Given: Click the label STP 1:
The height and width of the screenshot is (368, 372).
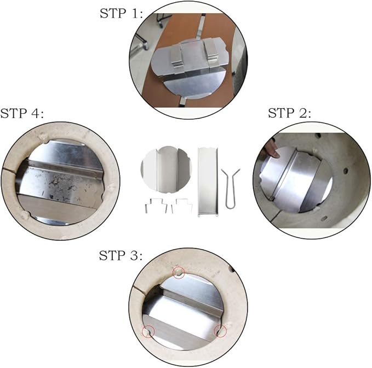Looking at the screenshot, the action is pyautogui.click(x=121, y=14).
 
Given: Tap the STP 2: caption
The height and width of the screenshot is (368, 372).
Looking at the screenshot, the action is pyautogui.click(x=289, y=113).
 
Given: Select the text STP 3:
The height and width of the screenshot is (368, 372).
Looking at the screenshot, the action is pyautogui.click(x=121, y=255).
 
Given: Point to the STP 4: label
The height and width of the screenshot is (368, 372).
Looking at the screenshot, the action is pyautogui.click(x=22, y=113).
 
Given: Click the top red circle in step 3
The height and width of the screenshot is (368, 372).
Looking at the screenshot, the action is pyautogui.click(x=179, y=272).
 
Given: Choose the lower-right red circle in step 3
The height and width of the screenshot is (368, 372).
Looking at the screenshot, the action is pyautogui.click(x=220, y=331).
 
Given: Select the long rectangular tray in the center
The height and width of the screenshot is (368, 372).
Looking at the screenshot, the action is pyautogui.click(x=208, y=182).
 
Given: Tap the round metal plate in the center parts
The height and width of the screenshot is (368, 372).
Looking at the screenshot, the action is pyautogui.click(x=166, y=169).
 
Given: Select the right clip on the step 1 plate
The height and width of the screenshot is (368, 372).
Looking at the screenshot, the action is pyautogui.click(x=211, y=50).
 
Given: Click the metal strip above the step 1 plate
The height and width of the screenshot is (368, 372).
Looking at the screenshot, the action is pyautogui.click(x=202, y=26).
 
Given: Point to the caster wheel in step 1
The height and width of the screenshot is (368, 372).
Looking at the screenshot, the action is pyautogui.click(x=159, y=22).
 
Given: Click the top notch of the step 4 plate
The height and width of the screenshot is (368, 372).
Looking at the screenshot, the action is pyautogui.click(x=47, y=143).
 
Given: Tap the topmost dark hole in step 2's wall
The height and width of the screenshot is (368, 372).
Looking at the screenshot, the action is pyautogui.click(x=318, y=136).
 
